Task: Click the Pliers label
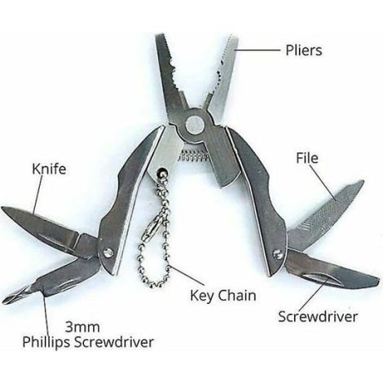[x=304, y=51]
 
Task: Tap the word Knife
[x=49, y=169]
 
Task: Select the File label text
[x=307, y=158]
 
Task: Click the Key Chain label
[x=223, y=296]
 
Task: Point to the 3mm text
[x=82, y=328]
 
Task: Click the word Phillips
[x=46, y=341]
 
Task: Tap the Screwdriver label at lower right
[x=318, y=317]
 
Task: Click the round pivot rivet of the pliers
[x=195, y=125]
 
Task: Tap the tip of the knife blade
[x=2, y=209]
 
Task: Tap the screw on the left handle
[x=108, y=253]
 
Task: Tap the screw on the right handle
[x=278, y=254]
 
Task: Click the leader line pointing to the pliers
[x=257, y=50]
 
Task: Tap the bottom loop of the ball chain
[x=153, y=284]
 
